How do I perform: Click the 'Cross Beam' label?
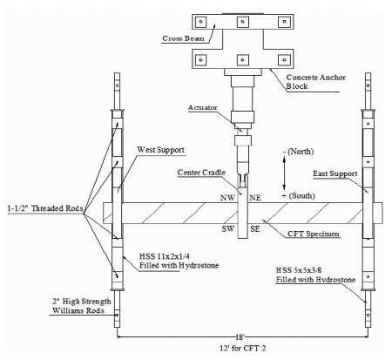pos(183,38)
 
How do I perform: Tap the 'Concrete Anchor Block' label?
pos(316,82)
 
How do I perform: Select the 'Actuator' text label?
pos(203,107)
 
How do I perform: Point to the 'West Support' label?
pos(160,150)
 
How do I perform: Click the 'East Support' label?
pos(335,173)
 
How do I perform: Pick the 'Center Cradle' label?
pos(201,173)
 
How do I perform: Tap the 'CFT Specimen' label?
pos(314,234)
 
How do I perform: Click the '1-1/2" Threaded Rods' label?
pos(45,208)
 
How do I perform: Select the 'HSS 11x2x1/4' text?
pos(165,256)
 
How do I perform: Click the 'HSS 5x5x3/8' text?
pos(299,270)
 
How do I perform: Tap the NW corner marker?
pos(227,198)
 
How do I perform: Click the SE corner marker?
pos(255,229)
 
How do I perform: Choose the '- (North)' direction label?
pos(299,152)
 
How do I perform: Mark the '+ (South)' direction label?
pos(298,196)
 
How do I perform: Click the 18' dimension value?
pos(240,337)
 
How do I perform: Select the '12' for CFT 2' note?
pos(242,348)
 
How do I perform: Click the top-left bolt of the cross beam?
pos(201,22)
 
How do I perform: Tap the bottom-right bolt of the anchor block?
pos(284,60)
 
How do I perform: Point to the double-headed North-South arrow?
pos(284,173)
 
